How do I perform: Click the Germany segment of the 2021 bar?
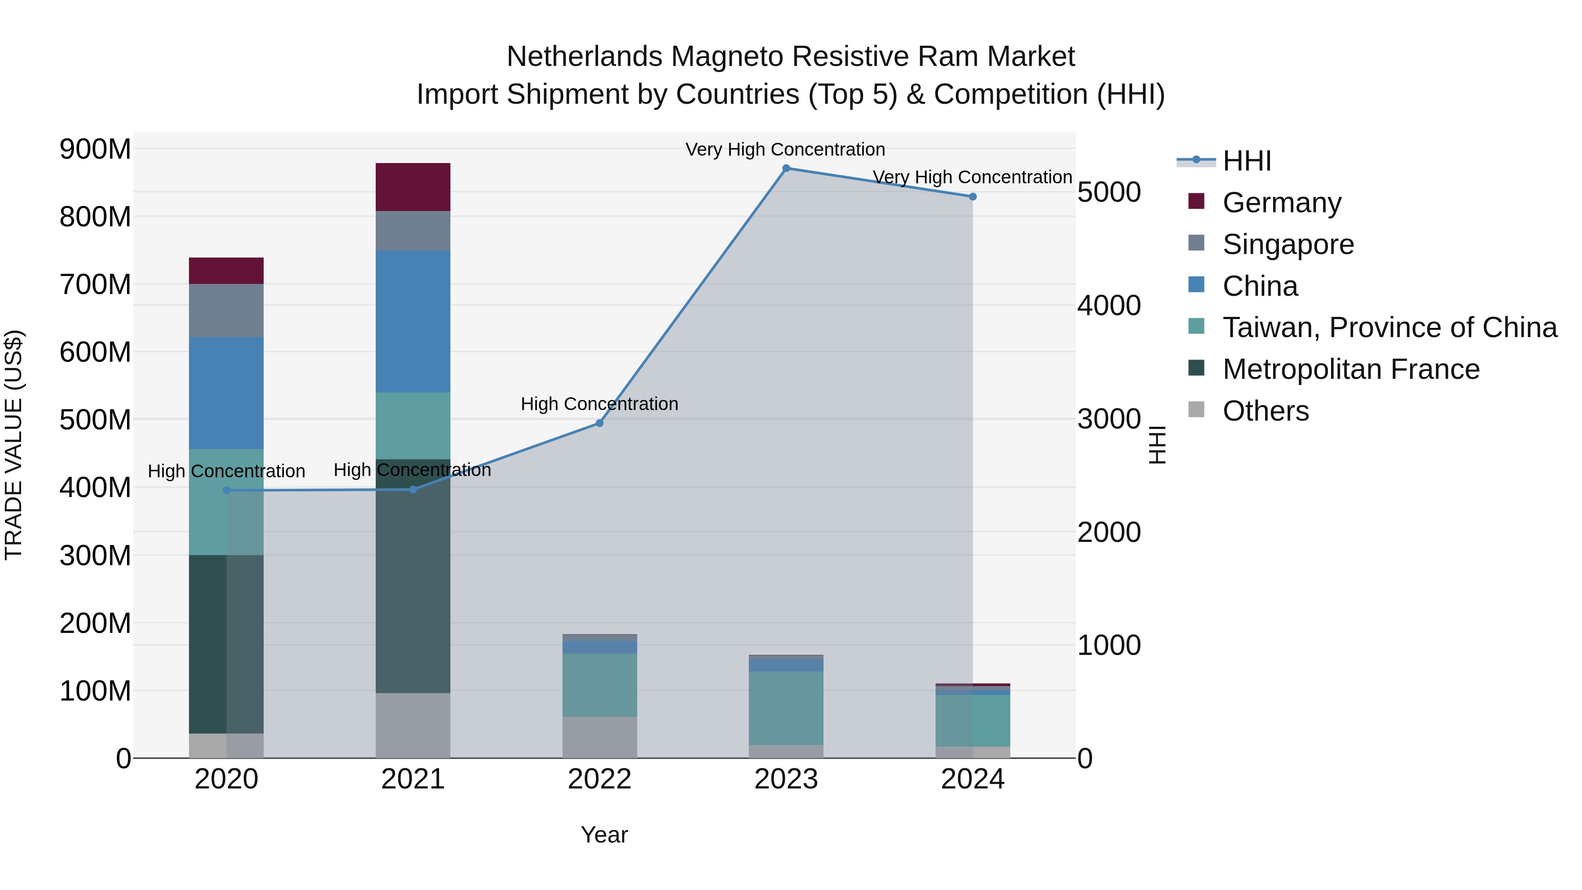click(x=413, y=187)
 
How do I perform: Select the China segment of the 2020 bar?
click(x=226, y=392)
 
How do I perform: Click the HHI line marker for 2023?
click(x=786, y=168)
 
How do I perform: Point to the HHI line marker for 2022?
click(x=599, y=423)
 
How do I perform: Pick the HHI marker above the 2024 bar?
click(x=972, y=196)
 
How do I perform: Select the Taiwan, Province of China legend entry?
click(x=1389, y=327)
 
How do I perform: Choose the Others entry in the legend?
click(x=1265, y=411)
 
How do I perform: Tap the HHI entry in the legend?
click(x=1246, y=161)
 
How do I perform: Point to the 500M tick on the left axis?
click(x=95, y=420)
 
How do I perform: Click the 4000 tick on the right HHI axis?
click(x=1109, y=305)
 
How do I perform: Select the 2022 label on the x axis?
click(x=599, y=779)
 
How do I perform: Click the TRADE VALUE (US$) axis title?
click(x=14, y=445)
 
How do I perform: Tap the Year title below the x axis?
click(x=604, y=835)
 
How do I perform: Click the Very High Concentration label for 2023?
click(x=785, y=149)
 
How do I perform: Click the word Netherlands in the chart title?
click(x=584, y=57)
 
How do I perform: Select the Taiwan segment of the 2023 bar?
click(x=786, y=708)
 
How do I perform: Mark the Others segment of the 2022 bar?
click(x=599, y=737)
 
